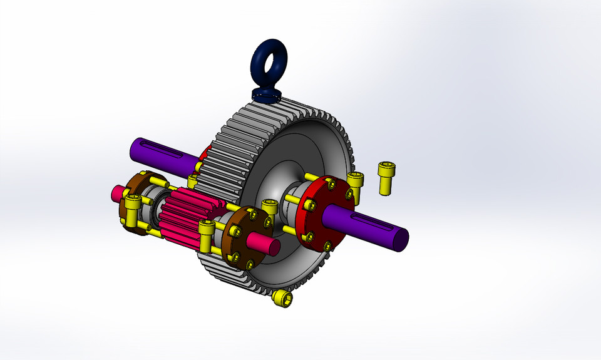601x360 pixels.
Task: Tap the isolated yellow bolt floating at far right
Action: point(386,177)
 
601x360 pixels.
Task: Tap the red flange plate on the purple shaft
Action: point(319,213)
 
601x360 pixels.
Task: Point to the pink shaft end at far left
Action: point(116,192)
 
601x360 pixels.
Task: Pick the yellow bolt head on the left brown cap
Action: point(132,202)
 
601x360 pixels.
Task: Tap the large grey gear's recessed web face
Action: point(294,150)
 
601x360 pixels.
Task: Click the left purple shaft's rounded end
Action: point(135,150)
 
